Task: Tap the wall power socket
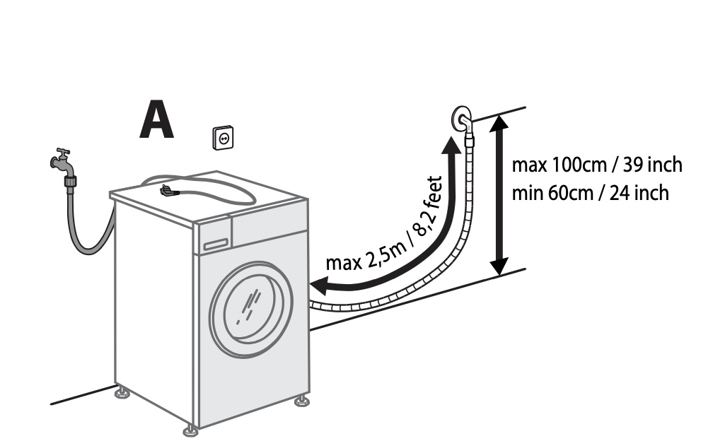[224, 138]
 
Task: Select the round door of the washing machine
[252, 307]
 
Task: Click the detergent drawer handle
[215, 244]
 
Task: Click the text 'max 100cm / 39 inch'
[597, 165]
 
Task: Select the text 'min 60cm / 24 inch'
[590, 192]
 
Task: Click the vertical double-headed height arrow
[499, 194]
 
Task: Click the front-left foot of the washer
[190, 429]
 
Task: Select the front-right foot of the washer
[302, 400]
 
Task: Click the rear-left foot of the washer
[121, 390]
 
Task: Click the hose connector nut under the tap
[71, 181]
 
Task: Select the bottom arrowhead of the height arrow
[499, 266]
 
